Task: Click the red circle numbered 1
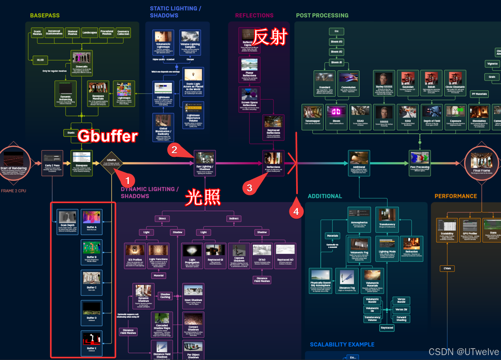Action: coord(129,180)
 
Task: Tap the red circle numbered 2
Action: coord(174,150)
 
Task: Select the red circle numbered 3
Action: coord(250,187)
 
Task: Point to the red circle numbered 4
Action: coord(296,211)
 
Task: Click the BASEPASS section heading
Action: coord(45,15)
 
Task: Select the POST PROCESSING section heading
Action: coord(322,15)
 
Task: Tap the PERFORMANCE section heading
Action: coord(455,196)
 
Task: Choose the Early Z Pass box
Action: coord(52,163)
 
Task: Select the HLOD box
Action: coord(40,60)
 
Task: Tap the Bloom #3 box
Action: coord(336,41)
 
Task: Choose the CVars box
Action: coord(447,268)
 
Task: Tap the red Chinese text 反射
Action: coord(270,37)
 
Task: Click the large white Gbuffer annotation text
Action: coord(108,136)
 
